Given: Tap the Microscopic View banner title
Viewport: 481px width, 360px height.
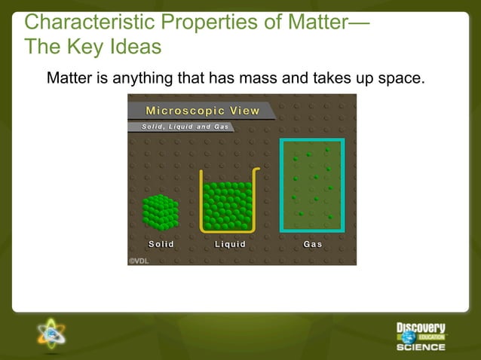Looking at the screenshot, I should pyautogui.click(x=202, y=111).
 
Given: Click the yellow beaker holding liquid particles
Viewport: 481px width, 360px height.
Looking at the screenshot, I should pyautogui.click(x=228, y=202).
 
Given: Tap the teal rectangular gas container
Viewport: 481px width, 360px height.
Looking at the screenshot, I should pyautogui.click(x=312, y=185).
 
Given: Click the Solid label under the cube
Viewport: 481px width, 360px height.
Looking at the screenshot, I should pyautogui.click(x=161, y=244).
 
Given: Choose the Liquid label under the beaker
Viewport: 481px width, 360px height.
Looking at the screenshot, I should pyautogui.click(x=230, y=244).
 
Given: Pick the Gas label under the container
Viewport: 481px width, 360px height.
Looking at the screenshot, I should pyautogui.click(x=312, y=244).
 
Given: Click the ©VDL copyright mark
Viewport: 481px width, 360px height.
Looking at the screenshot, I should pyautogui.click(x=139, y=260).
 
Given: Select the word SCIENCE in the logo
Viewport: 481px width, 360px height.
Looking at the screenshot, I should pyautogui.click(x=421, y=347).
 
